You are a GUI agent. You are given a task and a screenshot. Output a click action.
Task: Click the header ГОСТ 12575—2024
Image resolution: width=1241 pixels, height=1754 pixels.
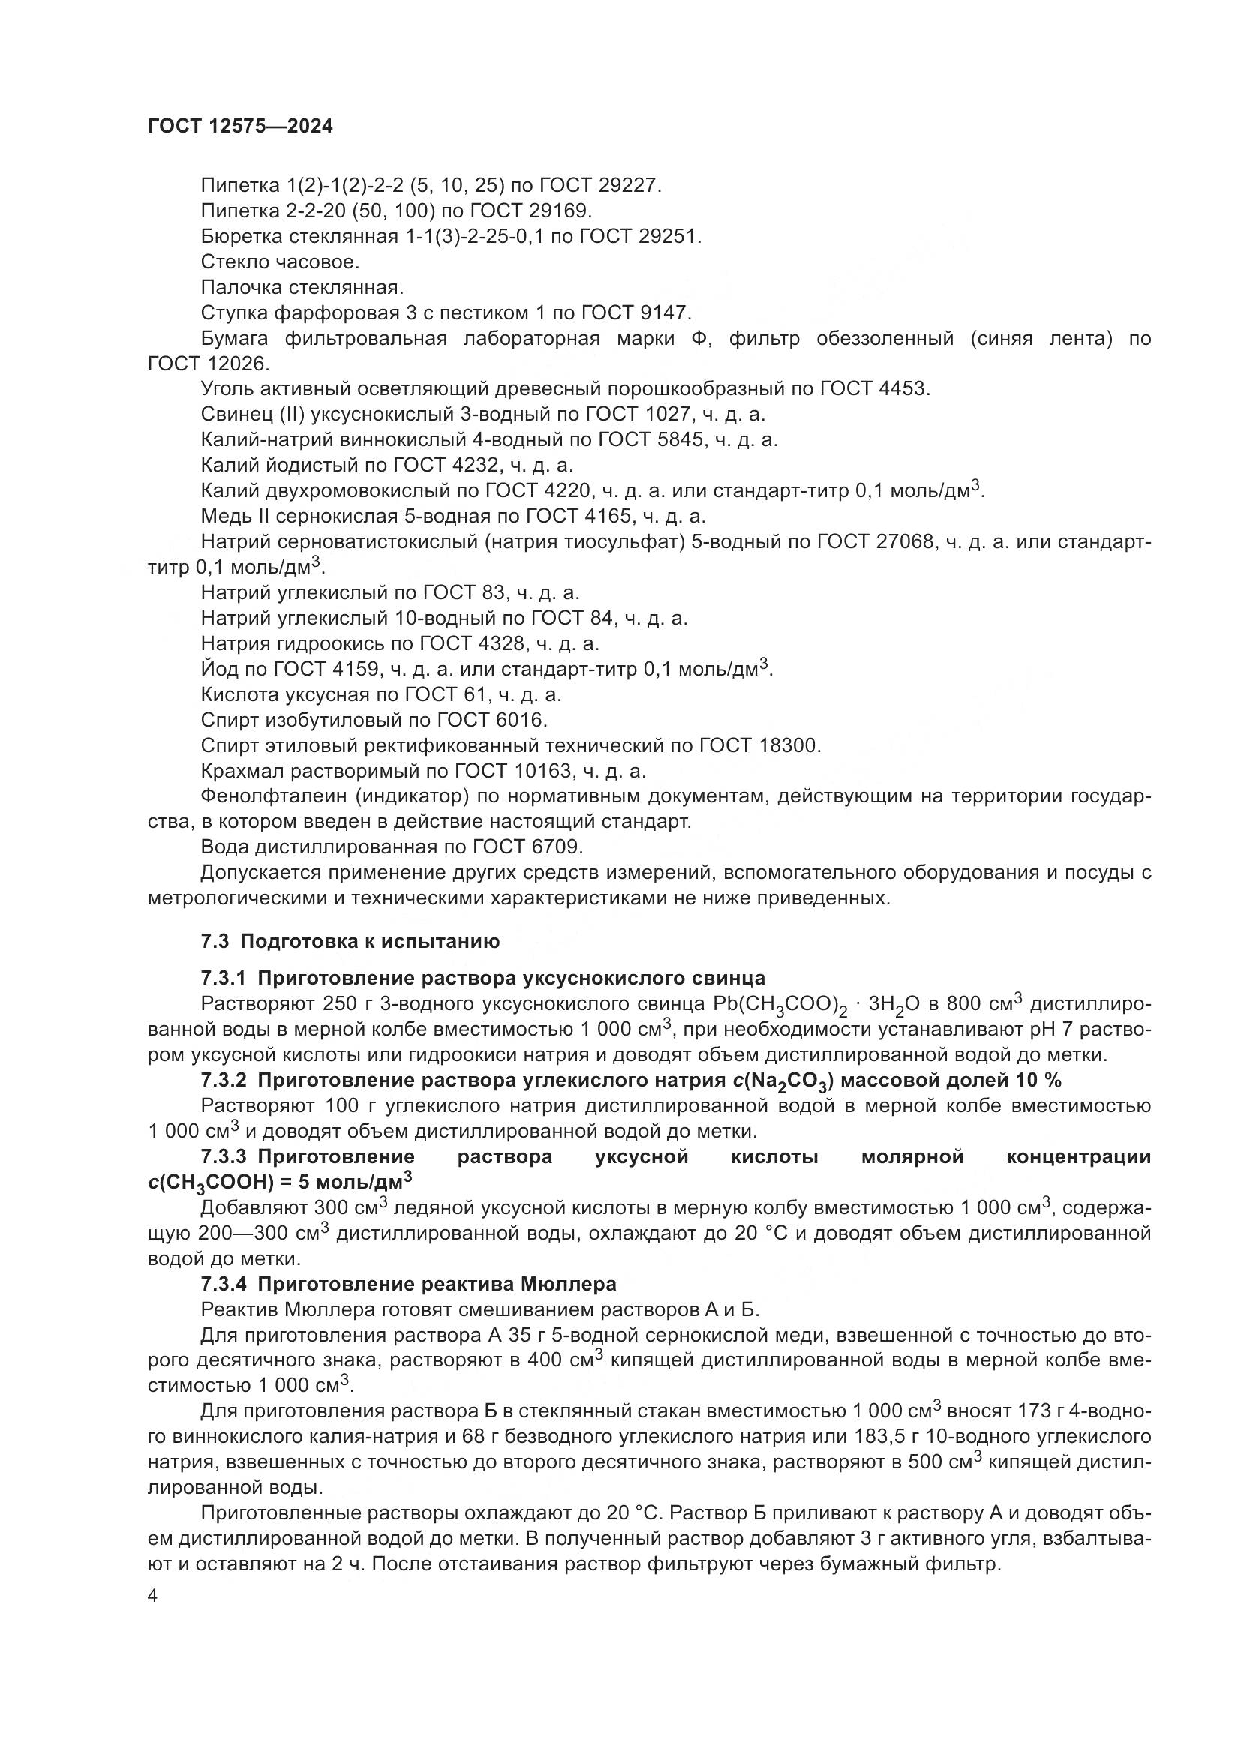(241, 127)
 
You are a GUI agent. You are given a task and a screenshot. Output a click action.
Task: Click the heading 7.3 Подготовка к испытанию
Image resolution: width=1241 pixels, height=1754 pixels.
(350, 941)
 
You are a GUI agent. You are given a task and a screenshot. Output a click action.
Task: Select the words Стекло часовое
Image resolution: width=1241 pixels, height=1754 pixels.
(280, 262)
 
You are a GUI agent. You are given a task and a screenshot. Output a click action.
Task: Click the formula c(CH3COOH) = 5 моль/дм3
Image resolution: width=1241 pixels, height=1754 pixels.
(280, 1183)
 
